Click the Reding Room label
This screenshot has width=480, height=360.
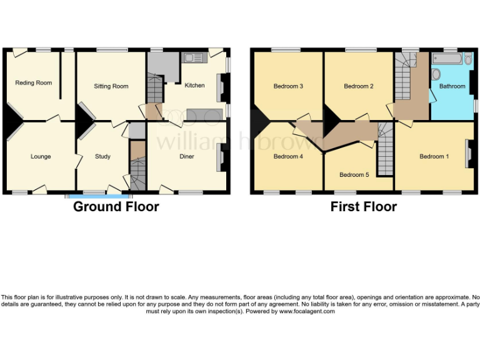click(34, 82)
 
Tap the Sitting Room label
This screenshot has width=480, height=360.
click(111, 86)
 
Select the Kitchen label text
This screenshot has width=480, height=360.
click(194, 85)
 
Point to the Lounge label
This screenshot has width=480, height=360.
click(41, 156)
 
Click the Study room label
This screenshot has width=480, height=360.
click(102, 156)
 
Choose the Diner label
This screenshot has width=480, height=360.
click(186, 156)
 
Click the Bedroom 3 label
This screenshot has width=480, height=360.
click(288, 86)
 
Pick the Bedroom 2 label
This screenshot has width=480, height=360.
click(359, 86)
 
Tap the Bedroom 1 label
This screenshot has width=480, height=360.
click(434, 156)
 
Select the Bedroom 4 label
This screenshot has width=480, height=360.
click(288, 157)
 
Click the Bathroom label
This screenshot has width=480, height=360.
click(452, 86)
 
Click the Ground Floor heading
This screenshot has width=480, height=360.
click(116, 207)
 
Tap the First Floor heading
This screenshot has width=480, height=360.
click(364, 207)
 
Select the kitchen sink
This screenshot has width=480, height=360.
click(194, 58)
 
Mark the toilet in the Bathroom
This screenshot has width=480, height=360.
click(468, 59)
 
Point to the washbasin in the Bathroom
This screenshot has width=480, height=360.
click(436, 75)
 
